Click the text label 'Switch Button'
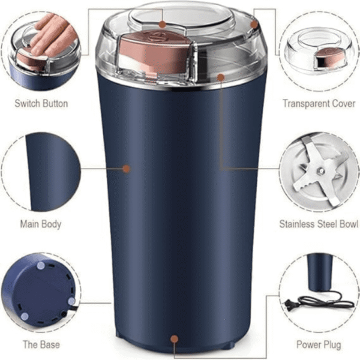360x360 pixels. (41, 103)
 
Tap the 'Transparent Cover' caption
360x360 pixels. (319, 103)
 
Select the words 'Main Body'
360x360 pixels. (41, 224)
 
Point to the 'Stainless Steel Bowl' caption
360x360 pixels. (319, 224)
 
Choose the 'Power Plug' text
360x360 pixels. (319, 344)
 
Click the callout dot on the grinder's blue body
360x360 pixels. (126, 169)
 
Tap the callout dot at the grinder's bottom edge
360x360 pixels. (174, 339)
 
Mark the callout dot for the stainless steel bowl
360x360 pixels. (221, 77)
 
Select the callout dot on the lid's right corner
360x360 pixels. (254, 25)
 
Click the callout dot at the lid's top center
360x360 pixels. (163, 25)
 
